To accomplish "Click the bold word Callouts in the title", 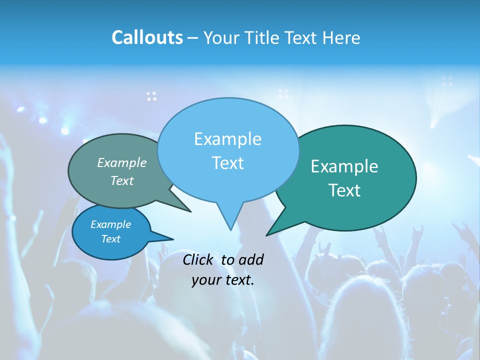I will (147, 37).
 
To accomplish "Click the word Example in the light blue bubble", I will (227, 139).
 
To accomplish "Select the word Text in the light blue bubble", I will (227, 163).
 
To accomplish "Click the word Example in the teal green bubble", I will (344, 166).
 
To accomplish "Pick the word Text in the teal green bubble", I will (344, 190).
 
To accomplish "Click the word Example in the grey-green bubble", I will (122, 162).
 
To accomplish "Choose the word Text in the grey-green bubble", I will (122, 180).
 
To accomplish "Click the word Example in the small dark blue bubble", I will (110, 224).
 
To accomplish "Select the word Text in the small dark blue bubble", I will (110, 239).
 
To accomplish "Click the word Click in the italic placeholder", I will (198, 259).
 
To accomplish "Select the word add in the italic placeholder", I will (251, 259).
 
